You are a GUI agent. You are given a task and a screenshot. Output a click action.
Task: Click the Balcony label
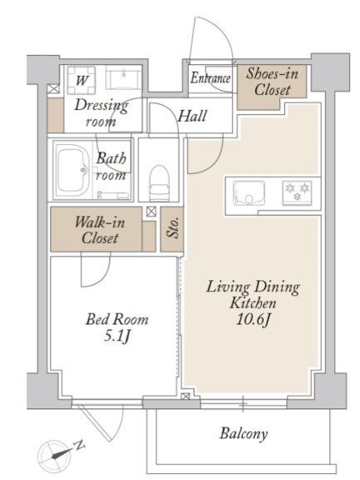pyautogui.click(x=243, y=433)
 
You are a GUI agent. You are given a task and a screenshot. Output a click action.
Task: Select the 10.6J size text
pyautogui.click(x=254, y=320)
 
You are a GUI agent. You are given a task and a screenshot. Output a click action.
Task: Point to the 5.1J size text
pyautogui.click(x=117, y=336)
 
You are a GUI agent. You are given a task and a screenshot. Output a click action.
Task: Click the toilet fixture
pyautogui.click(x=160, y=183)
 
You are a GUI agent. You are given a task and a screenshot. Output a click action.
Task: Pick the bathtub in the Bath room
pyautogui.click(x=73, y=171)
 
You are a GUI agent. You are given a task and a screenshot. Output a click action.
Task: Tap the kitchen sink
pyautogui.click(x=249, y=193)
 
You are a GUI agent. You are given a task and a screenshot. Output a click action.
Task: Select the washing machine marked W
pyautogui.click(x=81, y=80)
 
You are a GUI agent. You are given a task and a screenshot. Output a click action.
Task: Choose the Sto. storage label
pyautogui.click(x=172, y=228)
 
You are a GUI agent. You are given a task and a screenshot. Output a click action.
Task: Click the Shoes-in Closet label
pyautogui.click(x=272, y=82)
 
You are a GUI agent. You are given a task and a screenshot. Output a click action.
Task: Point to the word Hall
pyautogui.click(x=192, y=116)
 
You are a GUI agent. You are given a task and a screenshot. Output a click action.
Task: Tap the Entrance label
pyautogui.click(x=210, y=77)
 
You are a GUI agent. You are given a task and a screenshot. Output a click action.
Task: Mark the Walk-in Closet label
pyautogui.click(x=100, y=230)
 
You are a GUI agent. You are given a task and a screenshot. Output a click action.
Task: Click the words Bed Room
pyautogui.click(x=117, y=319)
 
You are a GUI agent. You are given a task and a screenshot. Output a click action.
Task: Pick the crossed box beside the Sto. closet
pyautogui.click(x=151, y=212)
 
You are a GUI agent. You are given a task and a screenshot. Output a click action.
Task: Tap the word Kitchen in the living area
pyautogui.click(x=253, y=303)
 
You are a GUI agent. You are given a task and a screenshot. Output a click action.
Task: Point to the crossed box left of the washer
pyautogui.click(x=53, y=89)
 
